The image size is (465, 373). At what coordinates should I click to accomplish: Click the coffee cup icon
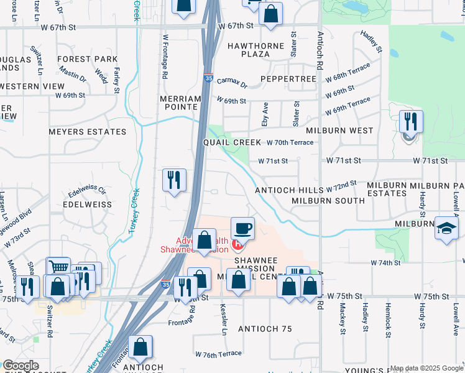[242, 228]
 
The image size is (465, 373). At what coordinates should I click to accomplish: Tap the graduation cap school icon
[446, 227]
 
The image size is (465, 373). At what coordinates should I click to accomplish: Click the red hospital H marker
[236, 244]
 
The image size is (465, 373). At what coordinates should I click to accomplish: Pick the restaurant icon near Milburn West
[410, 121]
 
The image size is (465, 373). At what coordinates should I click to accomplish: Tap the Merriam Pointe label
[180, 103]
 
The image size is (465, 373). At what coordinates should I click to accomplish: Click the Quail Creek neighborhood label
[233, 142]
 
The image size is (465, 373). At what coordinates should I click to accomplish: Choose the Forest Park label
[87, 60]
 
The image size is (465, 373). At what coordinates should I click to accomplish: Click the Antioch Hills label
[288, 190]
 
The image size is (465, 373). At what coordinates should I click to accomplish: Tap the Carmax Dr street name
[232, 84]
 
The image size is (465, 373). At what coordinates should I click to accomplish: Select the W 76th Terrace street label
[218, 354]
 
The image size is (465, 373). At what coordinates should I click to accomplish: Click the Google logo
[20, 366]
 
